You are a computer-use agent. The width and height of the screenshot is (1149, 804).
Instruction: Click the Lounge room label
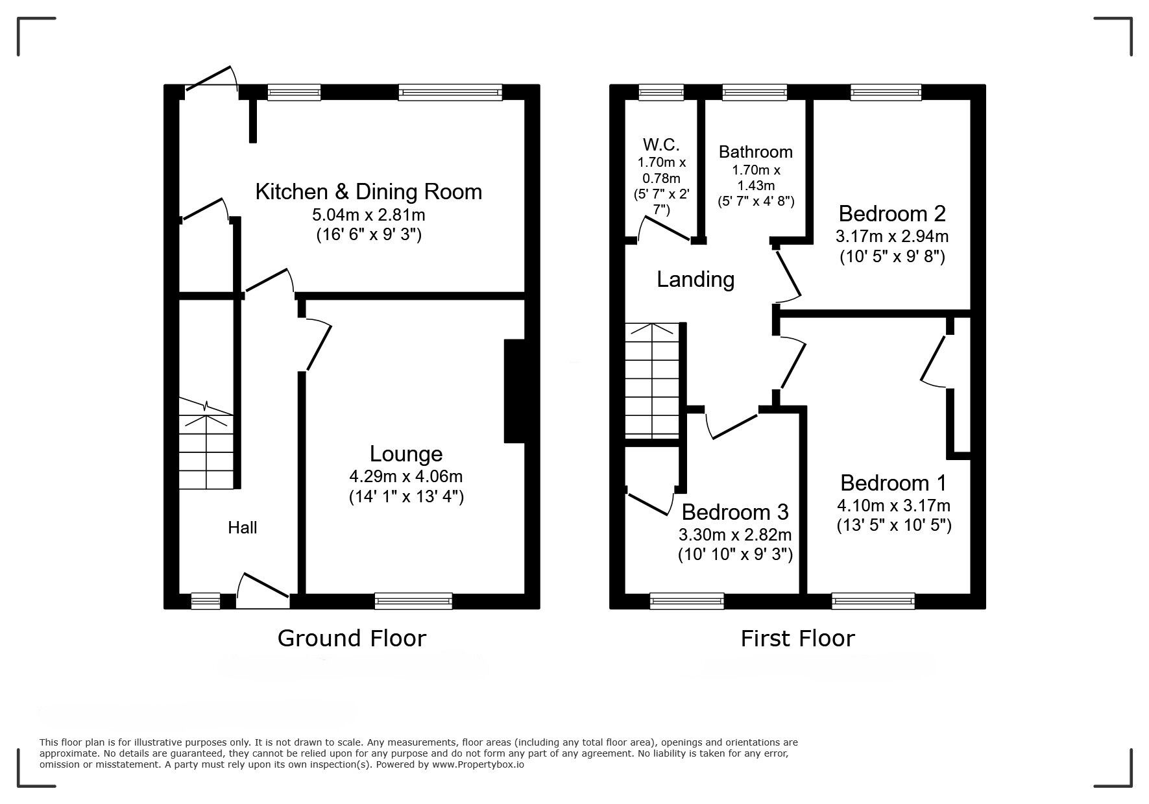(406, 454)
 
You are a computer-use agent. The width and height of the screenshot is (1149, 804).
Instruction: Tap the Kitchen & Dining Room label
(369, 192)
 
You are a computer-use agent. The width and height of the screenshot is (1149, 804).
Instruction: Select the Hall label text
(242, 528)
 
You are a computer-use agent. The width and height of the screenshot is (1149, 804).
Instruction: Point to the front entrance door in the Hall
(263, 588)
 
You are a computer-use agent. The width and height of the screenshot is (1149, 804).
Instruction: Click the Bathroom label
(756, 152)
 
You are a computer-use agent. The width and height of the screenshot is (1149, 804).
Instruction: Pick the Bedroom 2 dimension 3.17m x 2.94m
(892, 236)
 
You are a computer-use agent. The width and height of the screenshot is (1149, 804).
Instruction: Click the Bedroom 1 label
(893, 483)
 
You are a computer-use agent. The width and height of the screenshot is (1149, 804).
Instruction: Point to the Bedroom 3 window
(686, 602)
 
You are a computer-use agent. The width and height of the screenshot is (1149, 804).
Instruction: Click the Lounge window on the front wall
(413, 602)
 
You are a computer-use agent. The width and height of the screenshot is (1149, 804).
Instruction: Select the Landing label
(695, 280)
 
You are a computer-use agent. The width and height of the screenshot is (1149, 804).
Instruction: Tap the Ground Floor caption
(352, 639)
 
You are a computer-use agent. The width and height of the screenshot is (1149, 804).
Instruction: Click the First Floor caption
(797, 639)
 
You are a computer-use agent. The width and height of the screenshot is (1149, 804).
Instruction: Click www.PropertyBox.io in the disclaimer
(478, 764)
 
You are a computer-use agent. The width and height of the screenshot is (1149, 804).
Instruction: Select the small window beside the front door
(206, 602)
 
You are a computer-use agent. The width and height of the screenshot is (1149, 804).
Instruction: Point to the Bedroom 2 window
(886, 93)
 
